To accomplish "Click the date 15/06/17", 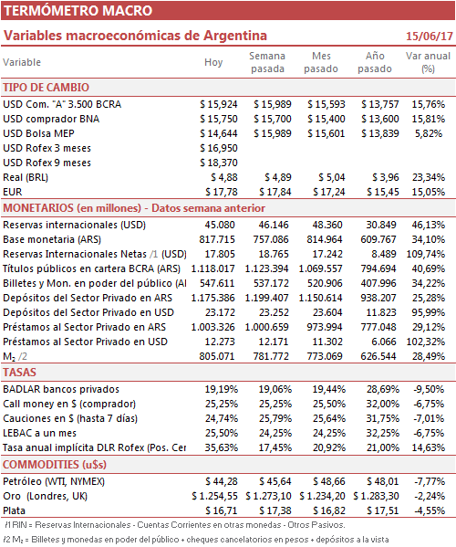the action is pos(430,36).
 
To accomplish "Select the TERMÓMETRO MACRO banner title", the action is pos(78,10).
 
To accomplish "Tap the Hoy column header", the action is pos(213,62).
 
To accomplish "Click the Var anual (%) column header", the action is pos(428,62).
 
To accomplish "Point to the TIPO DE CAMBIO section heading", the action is pos(46,88).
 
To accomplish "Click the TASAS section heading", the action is pos(19,373).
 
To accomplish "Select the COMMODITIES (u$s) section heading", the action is pos(55,465).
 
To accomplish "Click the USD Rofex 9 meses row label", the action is pos(47,163).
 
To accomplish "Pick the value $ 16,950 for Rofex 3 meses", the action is pos(219,148).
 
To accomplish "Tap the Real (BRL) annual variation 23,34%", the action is pos(429,177).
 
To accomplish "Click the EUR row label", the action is pos(13,192).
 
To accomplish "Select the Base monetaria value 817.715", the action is pos(217,239).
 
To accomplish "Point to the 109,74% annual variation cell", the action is pos(426,254).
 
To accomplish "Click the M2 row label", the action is pos(15,356).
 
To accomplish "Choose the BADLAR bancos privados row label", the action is pos(61,389).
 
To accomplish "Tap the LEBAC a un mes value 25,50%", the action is pos(222,433).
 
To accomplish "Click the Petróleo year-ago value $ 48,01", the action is pos(383,482).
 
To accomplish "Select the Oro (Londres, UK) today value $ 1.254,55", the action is pos(214,497).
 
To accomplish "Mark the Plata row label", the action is pos(15,511).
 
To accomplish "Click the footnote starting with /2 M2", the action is pos(196,540).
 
